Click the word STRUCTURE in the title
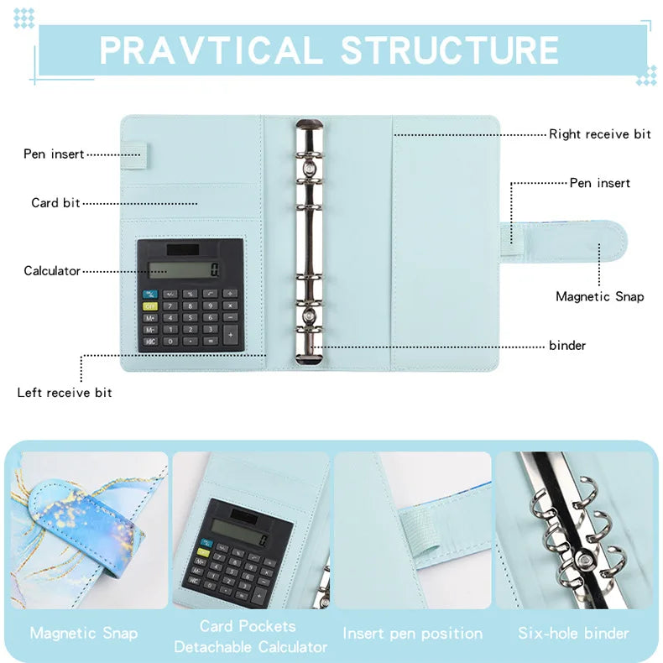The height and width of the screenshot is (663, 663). click(450, 50)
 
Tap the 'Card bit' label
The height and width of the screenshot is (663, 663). click(56, 203)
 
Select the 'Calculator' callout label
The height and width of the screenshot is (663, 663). click(52, 271)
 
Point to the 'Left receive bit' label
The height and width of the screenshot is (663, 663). click(65, 393)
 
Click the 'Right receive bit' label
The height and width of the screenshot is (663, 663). click(600, 134)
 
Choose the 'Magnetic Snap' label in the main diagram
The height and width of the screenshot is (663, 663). click(600, 296)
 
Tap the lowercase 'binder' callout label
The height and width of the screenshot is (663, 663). click(567, 346)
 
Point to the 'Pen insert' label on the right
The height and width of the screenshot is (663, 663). click(600, 183)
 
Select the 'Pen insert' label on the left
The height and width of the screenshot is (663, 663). click(54, 154)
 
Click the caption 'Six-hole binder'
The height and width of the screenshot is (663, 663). click(573, 634)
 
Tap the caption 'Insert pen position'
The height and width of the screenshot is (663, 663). click(413, 634)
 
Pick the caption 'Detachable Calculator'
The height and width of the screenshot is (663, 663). click(251, 647)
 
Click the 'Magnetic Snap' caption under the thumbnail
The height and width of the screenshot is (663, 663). click(84, 634)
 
